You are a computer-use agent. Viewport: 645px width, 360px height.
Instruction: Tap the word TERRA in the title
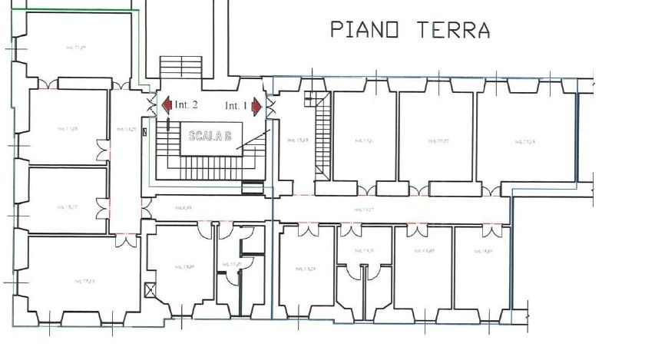(x=452, y=30)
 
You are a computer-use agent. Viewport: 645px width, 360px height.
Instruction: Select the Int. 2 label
(x=186, y=104)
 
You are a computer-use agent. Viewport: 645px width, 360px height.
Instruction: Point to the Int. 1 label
(x=236, y=105)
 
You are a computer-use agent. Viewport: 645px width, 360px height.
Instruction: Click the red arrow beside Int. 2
(x=165, y=104)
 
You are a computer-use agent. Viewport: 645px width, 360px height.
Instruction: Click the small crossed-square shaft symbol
(x=150, y=289)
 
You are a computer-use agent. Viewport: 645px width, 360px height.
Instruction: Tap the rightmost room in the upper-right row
(x=527, y=138)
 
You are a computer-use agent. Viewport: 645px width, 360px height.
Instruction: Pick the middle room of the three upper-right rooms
(x=436, y=138)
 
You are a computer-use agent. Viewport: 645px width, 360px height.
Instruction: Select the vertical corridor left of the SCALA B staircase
(x=126, y=154)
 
